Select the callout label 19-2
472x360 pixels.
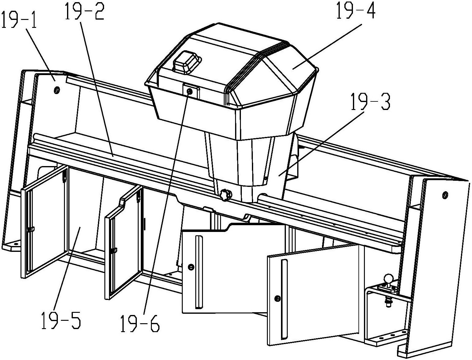click(x=84, y=12)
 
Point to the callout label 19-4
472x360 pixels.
click(x=356, y=10)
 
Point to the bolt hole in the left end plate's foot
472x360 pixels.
click(x=16, y=244)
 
